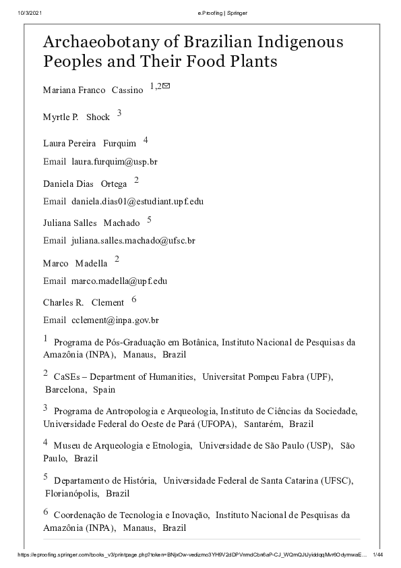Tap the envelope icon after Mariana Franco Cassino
tap(166, 86)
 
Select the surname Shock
tap(98, 117)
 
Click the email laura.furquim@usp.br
tap(115, 162)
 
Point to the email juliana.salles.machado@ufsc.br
tap(133, 240)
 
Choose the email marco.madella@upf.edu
tap(119, 281)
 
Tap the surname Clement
tap(108, 303)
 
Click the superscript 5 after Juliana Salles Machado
tap(149, 219)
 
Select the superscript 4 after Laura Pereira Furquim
tap(145, 140)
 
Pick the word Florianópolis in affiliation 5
tap(71, 493)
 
